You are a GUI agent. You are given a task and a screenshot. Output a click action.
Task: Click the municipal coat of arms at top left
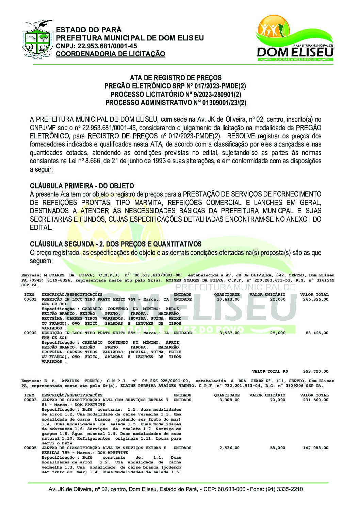click(x=37, y=39)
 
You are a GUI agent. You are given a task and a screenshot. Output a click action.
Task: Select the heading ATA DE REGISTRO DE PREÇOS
click(x=176, y=78)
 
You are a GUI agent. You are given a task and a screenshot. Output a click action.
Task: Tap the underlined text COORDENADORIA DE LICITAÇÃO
click(x=111, y=54)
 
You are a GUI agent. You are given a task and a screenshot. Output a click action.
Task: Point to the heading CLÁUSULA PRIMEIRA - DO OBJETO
click(x=82, y=186)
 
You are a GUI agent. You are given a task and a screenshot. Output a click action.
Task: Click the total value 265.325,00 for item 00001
click(x=316, y=299)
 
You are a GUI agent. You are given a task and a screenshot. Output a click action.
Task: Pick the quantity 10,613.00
click(x=228, y=299)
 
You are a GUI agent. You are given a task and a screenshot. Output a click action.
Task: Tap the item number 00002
click(x=30, y=333)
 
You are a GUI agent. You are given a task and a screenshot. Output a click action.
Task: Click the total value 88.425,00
click(x=317, y=333)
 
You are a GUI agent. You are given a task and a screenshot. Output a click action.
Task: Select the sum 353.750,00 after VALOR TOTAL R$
click(x=316, y=371)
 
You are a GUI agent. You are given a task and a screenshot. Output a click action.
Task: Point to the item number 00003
click(x=30, y=400)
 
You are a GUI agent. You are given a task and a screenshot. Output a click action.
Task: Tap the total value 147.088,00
click(x=316, y=448)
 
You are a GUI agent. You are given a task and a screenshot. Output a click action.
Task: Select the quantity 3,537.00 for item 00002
click(x=229, y=333)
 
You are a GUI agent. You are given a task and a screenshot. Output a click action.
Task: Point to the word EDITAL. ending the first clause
click(x=41, y=227)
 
